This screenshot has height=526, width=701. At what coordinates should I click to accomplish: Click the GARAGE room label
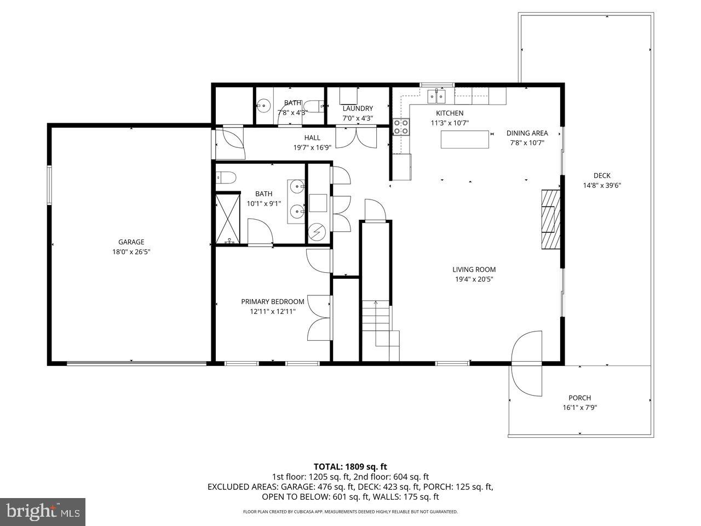[131, 242]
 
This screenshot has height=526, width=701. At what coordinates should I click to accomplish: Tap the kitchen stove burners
[401, 127]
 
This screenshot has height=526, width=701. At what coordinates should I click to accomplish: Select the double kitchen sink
[436, 96]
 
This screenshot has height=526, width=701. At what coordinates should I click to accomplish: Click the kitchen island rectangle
[464, 139]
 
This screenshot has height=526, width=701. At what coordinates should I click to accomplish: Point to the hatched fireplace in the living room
[551, 219]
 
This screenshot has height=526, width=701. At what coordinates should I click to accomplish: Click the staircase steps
[380, 330]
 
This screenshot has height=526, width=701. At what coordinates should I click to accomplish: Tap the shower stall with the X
[228, 219]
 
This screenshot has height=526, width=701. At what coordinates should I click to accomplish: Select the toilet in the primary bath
[226, 177]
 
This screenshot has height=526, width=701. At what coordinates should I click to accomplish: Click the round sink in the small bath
[264, 105]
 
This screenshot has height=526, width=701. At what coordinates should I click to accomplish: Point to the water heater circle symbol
[318, 231]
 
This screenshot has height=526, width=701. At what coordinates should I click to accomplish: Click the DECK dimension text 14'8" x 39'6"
[602, 185]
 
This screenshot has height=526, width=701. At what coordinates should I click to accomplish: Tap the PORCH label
[579, 398]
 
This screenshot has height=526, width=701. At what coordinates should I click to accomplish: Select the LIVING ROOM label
[474, 269]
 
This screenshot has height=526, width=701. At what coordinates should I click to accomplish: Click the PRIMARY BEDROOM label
[272, 301]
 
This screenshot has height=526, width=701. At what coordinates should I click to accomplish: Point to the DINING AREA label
[527, 133]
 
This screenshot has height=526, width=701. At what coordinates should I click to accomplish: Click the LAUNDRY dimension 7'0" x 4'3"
[358, 118]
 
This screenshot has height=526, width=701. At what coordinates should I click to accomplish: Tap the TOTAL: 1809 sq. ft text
[350, 467]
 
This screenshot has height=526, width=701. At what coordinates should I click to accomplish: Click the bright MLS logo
[43, 512]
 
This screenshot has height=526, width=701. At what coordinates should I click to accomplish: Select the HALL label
[312, 138]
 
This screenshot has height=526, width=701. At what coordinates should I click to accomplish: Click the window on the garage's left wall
[49, 185]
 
